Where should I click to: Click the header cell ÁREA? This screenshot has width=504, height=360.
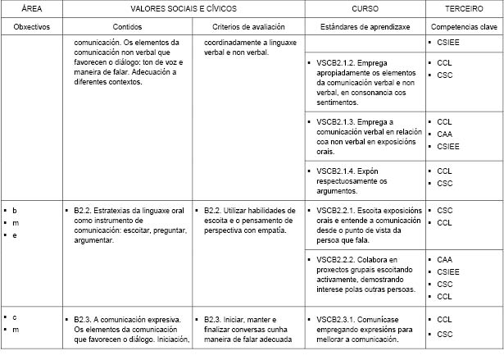32,7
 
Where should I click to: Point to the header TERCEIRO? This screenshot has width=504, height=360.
463,7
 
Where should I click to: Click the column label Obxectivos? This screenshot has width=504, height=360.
32,25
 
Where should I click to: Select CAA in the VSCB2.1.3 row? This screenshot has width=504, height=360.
445,134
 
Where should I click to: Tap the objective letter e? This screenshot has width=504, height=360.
15,235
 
